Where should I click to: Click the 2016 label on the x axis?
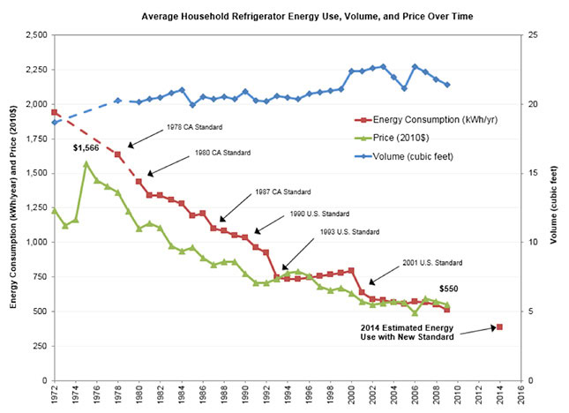coord(520,396)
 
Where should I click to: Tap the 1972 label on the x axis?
coord(55,396)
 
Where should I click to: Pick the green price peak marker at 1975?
coord(86,163)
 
